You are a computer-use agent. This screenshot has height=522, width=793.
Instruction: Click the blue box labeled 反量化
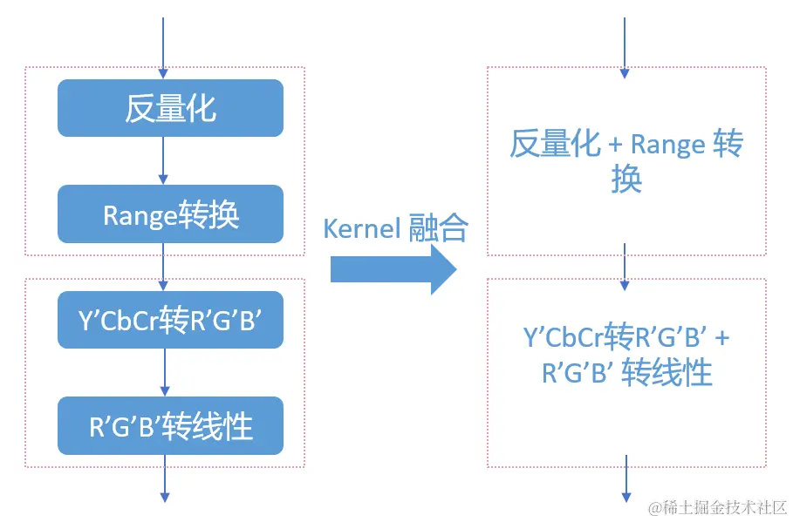tap(170, 108)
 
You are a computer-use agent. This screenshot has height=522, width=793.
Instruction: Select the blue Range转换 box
tap(170, 214)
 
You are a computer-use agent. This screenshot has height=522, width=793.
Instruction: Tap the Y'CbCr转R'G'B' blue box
tap(170, 321)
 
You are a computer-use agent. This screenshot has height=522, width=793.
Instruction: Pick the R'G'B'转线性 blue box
tap(170, 426)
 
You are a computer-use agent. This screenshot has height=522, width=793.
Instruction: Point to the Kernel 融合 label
tap(395, 228)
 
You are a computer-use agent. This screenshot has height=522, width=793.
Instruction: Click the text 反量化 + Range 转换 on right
tap(626, 161)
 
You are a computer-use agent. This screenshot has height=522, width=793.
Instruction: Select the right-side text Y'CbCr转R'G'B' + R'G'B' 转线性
tap(626, 356)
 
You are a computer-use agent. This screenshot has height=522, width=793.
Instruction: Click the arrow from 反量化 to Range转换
tap(163, 160)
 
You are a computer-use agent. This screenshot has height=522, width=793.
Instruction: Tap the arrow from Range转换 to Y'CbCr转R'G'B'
tap(163, 267)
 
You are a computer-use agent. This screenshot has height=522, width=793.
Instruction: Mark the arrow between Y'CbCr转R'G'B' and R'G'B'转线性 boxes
tap(163, 373)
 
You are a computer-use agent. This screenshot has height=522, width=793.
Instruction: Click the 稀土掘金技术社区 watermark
tap(717, 506)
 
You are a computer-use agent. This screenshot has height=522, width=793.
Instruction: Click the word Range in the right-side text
tap(667, 145)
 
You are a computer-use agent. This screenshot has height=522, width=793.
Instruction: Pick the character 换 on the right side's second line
tap(626, 180)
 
